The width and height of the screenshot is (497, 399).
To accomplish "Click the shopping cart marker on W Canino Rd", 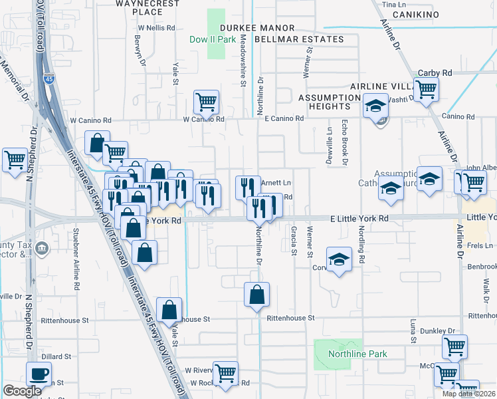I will tap(206, 102).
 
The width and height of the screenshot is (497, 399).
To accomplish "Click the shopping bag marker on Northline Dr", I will tap(256, 293).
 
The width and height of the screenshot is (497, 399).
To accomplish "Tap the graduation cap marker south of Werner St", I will tap(339, 259).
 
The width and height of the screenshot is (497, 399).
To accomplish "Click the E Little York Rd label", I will tap(359, 218).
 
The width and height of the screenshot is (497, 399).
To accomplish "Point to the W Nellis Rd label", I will tap(156, 29).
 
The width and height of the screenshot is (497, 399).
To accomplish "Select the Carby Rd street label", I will tap(435, 73).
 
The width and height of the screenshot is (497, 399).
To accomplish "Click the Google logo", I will tap(23, 392).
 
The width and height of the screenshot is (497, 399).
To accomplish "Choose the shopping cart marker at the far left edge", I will tap(14, 160).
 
